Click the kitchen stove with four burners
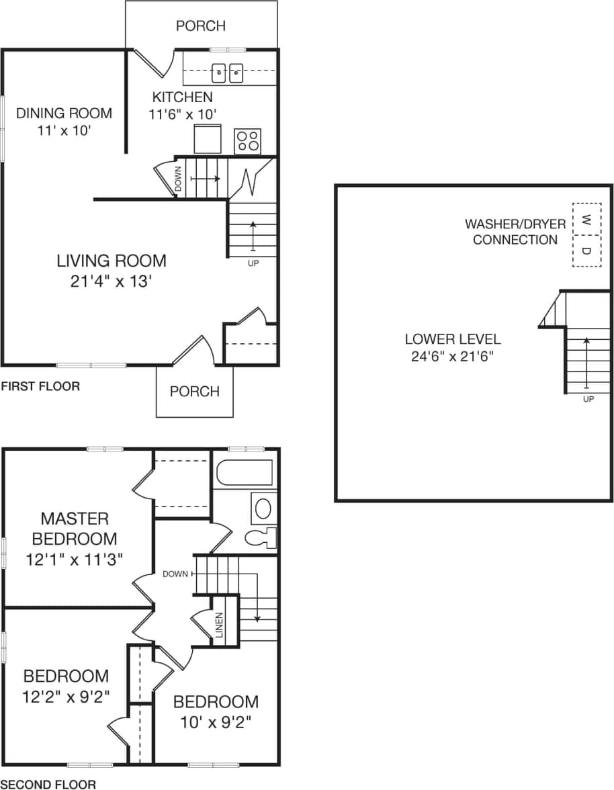tap(247, 141)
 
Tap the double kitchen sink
tap(228, 73)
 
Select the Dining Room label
tap(64, 113)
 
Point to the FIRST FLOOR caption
tap(40, 386)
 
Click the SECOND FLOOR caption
tap(48, 783)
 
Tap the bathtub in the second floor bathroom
tap(244, 473)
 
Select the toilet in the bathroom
tap(261, 537)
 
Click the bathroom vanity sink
tap(263, 509)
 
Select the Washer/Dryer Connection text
tap(515, 232)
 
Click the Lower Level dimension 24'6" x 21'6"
tap(452, 356)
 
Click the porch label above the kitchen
tap(200, 26)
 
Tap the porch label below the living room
tap(194, 392)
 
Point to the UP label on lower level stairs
tap(588, 399)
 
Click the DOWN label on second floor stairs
tap(175, 574)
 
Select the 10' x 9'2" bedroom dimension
tap(216, 723)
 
